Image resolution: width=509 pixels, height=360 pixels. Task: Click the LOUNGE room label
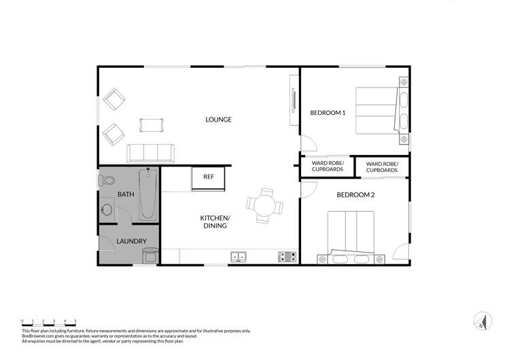tap(218, 120)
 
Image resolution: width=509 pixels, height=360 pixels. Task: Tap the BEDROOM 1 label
tap(328, 113)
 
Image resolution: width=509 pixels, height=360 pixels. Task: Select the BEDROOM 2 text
tap(355, 195)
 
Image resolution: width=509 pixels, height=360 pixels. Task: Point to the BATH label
tap(126, 195)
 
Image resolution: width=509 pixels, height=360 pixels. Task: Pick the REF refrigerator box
tap(209, 177)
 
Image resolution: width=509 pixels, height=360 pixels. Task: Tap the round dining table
tap(262, 204)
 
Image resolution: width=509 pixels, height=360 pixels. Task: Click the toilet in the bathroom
tap(107, 181)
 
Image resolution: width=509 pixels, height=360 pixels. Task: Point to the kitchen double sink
tap(239, 257)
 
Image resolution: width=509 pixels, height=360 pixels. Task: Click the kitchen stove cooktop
tap(287, 257)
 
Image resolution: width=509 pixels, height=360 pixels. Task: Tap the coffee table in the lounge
tap(152, 124)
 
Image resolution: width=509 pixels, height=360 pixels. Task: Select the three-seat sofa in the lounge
tap(150, 153)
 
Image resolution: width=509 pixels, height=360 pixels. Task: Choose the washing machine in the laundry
tap(150, 255)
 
